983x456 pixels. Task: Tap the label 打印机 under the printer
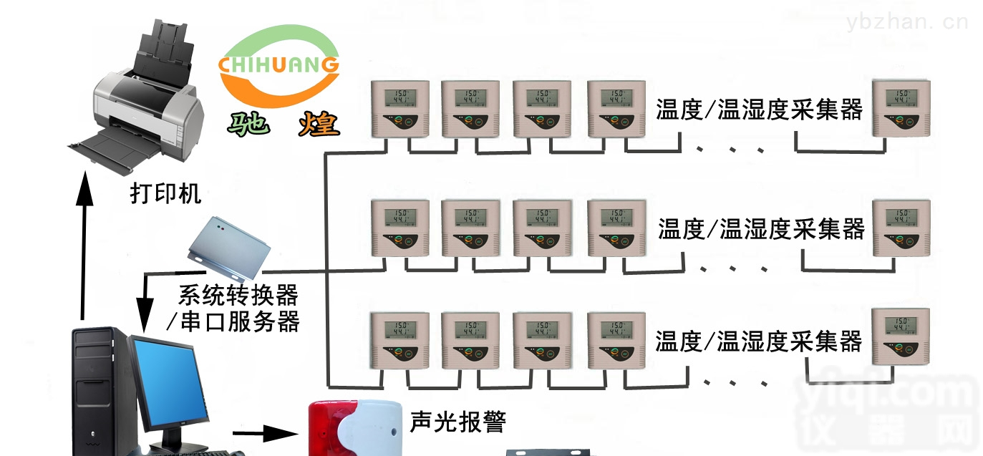[165, 193]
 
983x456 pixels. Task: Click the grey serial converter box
[229, 247]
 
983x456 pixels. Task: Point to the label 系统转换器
[238, 294]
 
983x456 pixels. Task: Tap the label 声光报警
[457, 422]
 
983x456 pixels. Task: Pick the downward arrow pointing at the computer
[145, 301]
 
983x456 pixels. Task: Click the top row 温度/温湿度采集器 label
[759, 110]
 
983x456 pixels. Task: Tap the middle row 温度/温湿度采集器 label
[761, 229]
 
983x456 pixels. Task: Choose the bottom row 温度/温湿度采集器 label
[758, 341]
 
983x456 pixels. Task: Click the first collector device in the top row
[399, 108]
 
